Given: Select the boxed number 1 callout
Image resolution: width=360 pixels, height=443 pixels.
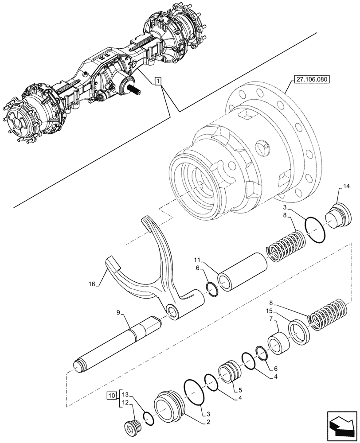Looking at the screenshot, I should [159, 81].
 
